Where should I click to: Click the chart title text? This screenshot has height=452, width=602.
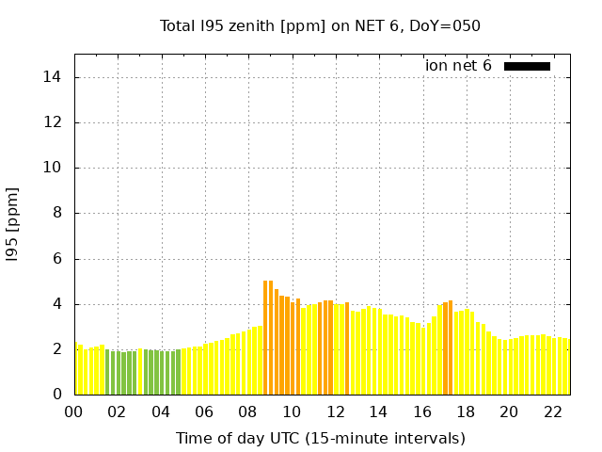[320, 25]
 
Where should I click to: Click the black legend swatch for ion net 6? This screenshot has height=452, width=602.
[527, 66]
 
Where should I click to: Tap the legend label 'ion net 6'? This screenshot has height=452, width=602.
[458, 66]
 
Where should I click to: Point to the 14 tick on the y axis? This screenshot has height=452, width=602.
[57, 77]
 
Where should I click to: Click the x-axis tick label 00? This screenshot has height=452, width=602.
[74, 412]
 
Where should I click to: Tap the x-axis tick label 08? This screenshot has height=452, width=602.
[248, 412]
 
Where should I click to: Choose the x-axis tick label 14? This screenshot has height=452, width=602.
[378, 412]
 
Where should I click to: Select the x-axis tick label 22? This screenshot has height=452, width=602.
[552, 412]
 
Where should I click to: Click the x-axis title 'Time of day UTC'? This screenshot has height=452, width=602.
[320, 438]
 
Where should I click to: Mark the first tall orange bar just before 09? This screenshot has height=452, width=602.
[265, 337]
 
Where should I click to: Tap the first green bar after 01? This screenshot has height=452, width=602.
[107, 372]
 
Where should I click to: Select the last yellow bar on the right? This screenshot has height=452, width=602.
[567, 367]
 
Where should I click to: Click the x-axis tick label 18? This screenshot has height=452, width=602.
[466, 412]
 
